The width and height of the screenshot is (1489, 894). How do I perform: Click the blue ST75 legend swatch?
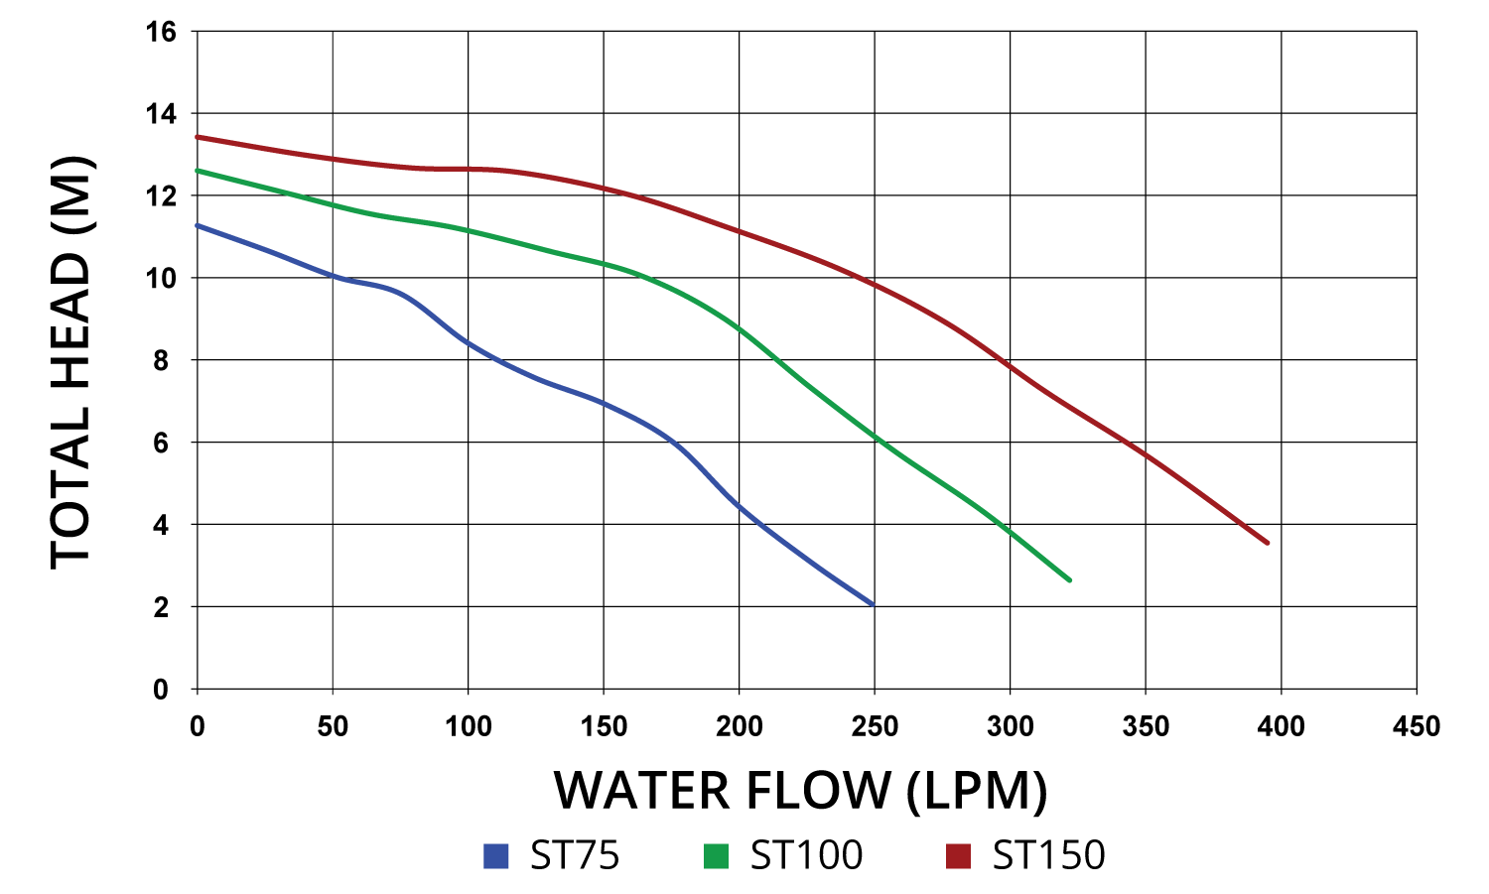(x=495, y=855)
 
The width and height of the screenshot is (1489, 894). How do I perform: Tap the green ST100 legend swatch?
(x=716, y=855)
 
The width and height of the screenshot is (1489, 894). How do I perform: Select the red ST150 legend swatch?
(x=958, y=855)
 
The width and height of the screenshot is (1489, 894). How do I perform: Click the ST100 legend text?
(x=806, y=855)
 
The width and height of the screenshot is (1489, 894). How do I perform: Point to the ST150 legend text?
(x=1048, y=855)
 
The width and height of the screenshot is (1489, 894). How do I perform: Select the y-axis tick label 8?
(x=161, y=361)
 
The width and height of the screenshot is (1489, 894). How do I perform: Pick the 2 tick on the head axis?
(x=161, y=607)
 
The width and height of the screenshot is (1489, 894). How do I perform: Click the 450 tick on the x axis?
(x=1416, y=726)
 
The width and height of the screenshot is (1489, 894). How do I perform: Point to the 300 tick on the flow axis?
(x=1010, y=726)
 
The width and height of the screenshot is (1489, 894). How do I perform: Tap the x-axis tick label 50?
(x=333, y=726)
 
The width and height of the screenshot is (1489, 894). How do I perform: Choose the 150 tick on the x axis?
(x=604, y=726)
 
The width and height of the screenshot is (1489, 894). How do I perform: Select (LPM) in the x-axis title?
(x=977, y=791)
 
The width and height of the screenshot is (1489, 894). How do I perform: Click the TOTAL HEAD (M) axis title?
(x=71, y=362)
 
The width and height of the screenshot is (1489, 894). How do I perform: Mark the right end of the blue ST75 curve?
(x=873, y=603)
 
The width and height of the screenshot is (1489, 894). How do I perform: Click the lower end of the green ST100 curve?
(x=1069, y=579)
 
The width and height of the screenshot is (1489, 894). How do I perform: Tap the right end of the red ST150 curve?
(x=1267, y=543)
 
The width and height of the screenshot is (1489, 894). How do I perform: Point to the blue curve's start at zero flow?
(x=199, y=225)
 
